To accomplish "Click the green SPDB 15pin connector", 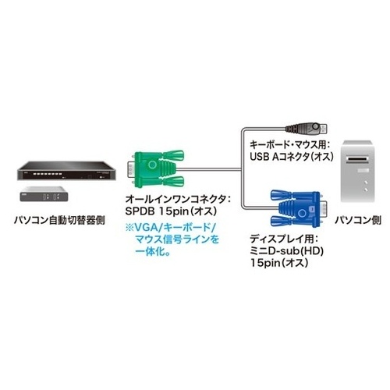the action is pos(155,168).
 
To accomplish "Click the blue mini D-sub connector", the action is pos(299,209).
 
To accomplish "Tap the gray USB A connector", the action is pos(307,128).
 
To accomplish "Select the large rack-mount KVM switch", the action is pos(67,171).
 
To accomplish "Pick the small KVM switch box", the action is pos(44,194).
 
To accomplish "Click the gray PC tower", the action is pos(357,171).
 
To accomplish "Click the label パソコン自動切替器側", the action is pos(59,221).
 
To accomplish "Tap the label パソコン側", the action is pos(358,220).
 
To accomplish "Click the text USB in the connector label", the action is pos(260,157).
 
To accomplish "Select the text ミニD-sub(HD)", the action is pos(286,251).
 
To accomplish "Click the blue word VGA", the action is pos(147,228).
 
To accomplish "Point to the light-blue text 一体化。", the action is pos(153,251).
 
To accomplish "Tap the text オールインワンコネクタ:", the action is pos(178,199).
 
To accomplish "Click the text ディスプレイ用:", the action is pos(284,239).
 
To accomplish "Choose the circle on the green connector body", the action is pos(153,165).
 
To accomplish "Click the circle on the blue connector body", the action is pos(302,214).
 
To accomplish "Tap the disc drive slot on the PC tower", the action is pos(358,158).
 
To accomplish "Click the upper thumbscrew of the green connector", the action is pos(173,155).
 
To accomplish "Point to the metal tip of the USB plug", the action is pos(324,128).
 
